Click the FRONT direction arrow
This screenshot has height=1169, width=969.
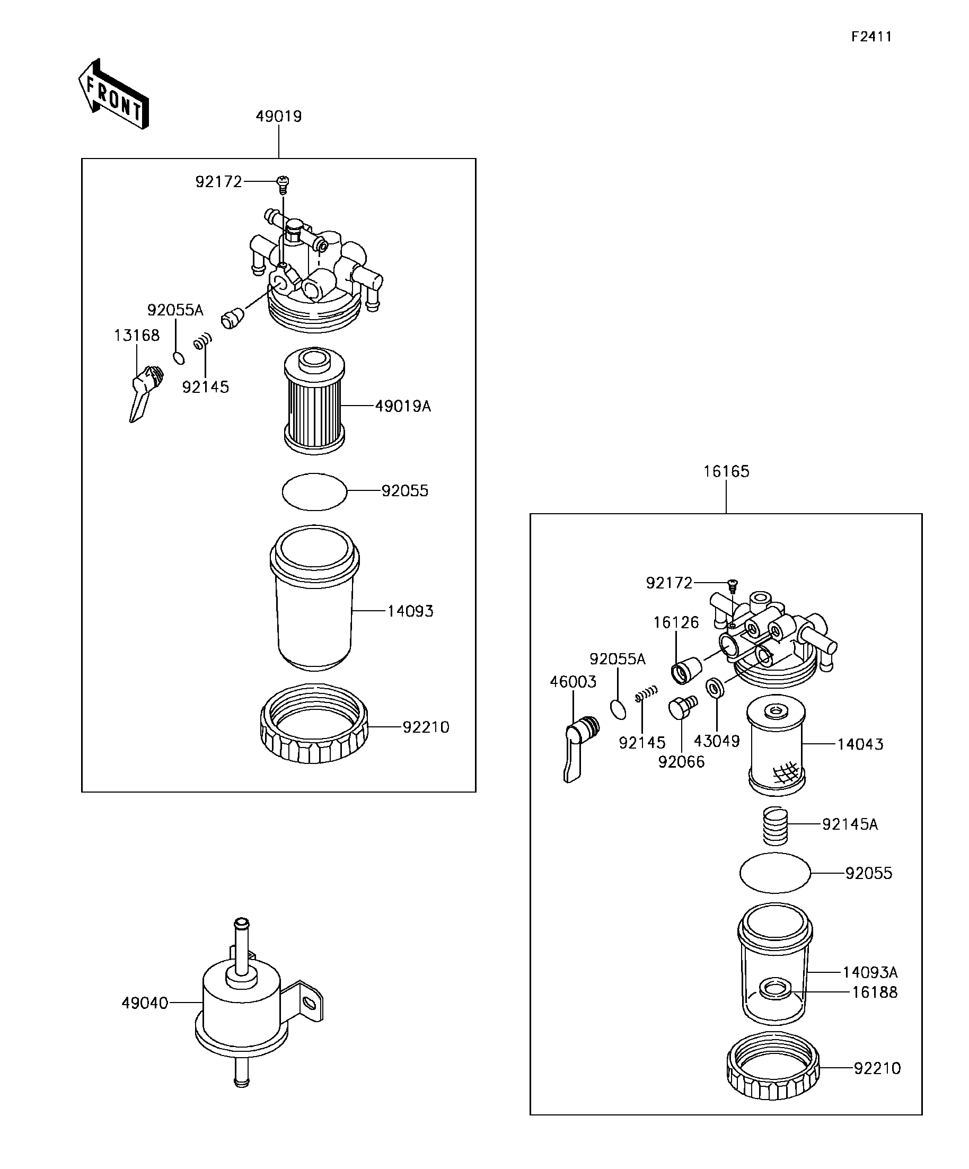coord(113,94)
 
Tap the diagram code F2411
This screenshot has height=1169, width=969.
coord(871,37)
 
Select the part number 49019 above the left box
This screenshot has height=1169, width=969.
coord(278,116)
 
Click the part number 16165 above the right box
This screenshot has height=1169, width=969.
coord(726,471)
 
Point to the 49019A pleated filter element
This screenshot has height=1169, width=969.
coord(314,400)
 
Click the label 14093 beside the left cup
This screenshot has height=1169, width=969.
coord(410,611)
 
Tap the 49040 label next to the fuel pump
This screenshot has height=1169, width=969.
coord(145,1003)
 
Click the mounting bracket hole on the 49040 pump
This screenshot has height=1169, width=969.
coord(310,1003)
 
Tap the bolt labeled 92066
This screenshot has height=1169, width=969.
coord(682,707)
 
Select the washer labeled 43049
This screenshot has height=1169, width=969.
coord(715,688)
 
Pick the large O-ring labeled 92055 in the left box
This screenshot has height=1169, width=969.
coord(314,491)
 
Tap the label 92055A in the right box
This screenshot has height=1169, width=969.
coord(617,659)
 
